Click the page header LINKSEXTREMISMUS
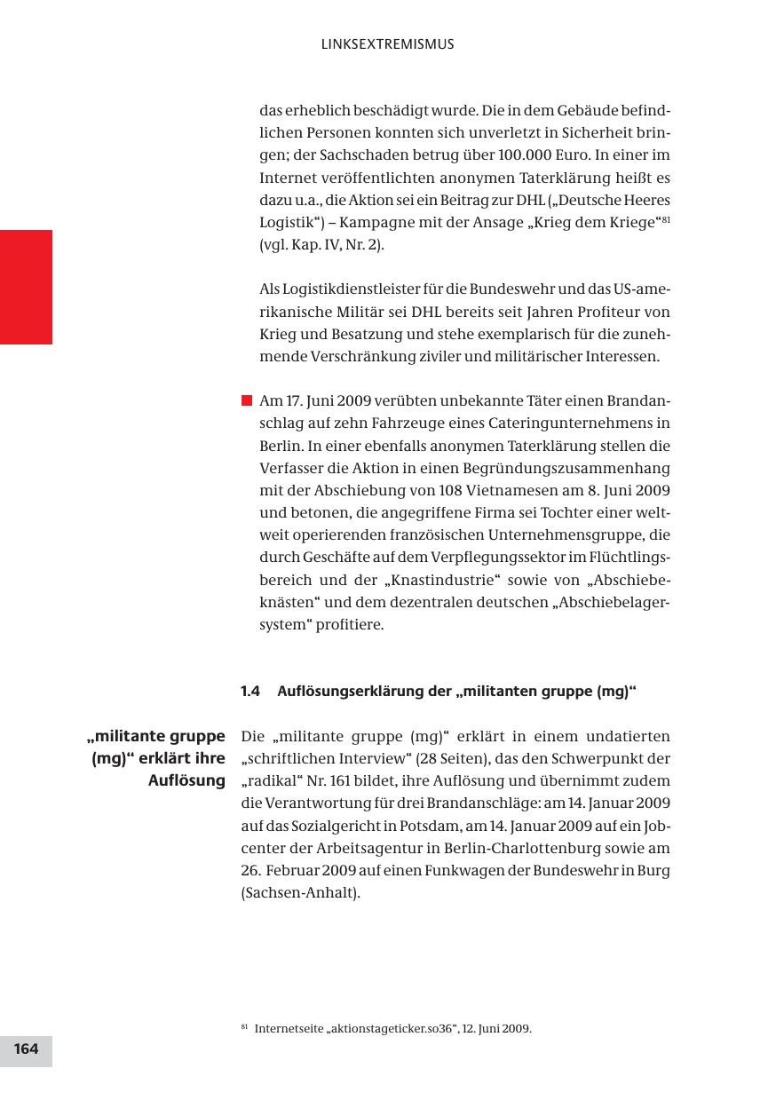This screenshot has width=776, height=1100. (x=387, y=44)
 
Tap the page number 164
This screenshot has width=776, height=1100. (x=26, y=1049)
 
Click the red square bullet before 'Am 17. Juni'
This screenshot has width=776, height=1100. (x=247, y=400)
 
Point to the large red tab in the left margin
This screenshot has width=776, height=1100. (x=26, y=287)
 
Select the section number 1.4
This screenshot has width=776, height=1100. (x=249, y=692)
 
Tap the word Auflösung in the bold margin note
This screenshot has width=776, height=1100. (x=186, y=781)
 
